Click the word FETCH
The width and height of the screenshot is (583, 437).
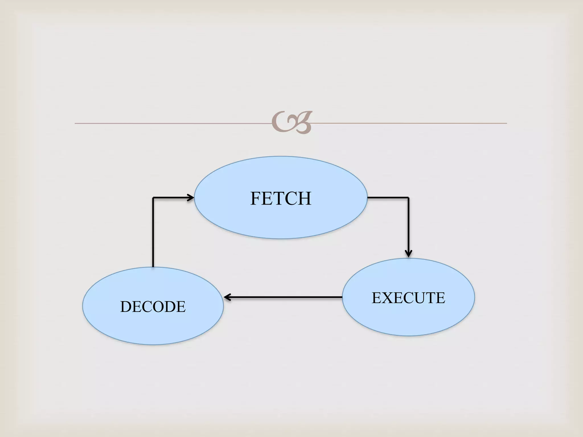coord(281,198)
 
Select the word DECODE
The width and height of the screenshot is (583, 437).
coord(153,307)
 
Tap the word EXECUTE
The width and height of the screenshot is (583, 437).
coord(408,298)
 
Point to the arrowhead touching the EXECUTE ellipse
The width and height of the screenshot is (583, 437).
coord(408,253)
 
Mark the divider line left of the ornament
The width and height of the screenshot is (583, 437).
coord(171,123)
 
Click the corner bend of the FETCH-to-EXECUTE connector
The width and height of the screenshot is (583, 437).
coord(408,197)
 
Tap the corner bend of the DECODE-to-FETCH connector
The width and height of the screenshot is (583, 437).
coord(153,197)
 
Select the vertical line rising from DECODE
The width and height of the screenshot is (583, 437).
coord(153,233)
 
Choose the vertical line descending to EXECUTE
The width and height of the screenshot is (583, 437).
coord(408,225)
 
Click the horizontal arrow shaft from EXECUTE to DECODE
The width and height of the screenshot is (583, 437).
coord(285,297)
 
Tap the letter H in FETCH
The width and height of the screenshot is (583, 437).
coord(305,198)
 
